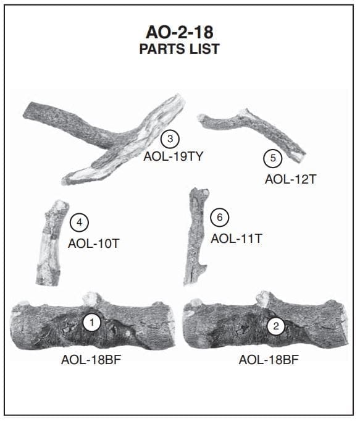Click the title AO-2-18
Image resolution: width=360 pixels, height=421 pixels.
(180, 32)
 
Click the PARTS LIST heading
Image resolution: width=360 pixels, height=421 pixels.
(180, 49)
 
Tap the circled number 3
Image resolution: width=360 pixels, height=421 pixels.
(170, 139)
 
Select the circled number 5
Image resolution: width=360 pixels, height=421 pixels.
(273, 158)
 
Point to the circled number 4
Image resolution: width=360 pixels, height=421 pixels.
(80, 223)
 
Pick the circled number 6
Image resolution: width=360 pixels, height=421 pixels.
(220, 217)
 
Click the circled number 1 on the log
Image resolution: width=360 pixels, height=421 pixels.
(92, 323)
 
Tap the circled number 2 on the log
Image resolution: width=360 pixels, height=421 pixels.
(276, 326)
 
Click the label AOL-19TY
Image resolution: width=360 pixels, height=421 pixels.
(174, 156)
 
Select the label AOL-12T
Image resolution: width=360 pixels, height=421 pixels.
(291, 179)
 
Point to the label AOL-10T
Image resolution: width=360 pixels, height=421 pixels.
(94, 244)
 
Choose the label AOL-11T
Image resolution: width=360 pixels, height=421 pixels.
(237, 239)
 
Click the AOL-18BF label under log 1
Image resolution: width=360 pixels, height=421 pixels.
(91, 360)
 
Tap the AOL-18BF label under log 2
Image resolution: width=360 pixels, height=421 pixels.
(269, 360)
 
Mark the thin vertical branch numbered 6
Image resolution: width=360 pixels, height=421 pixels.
(195, 236)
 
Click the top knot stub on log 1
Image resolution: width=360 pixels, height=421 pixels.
(91, 299)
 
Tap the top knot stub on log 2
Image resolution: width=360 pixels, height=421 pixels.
(265, 299)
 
